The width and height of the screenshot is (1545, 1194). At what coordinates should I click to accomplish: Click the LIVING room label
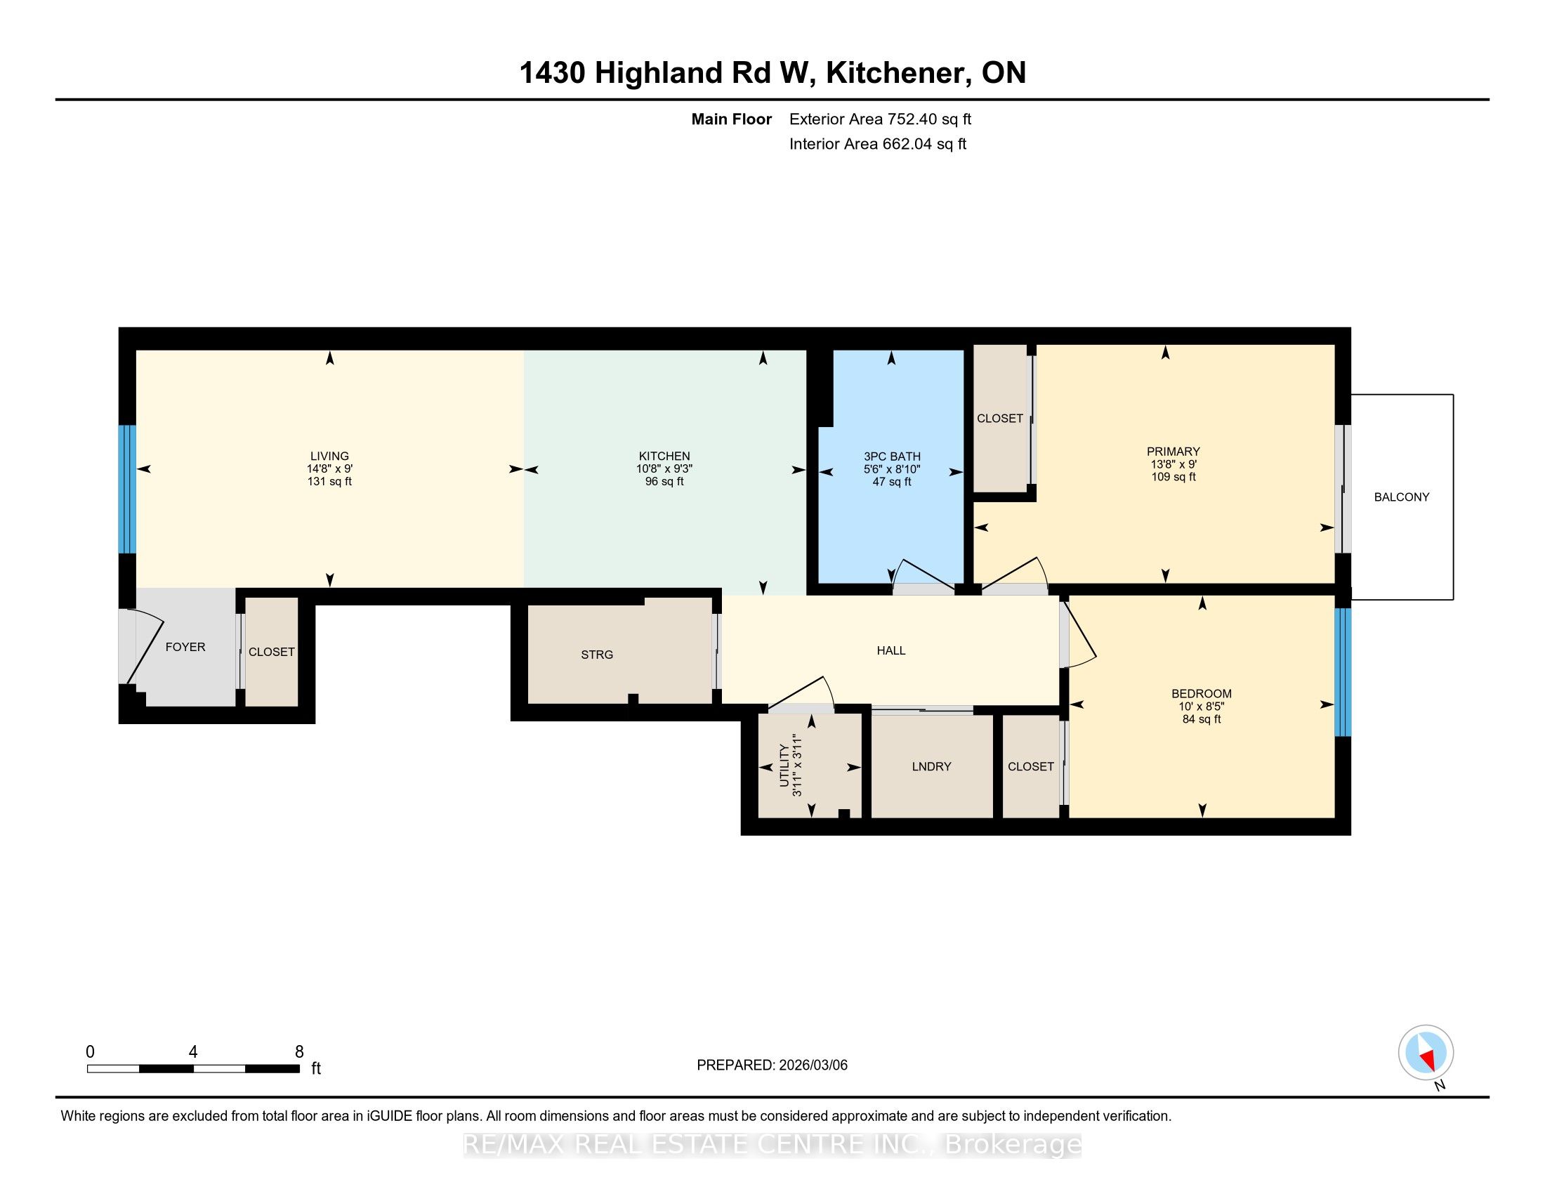point(329,457)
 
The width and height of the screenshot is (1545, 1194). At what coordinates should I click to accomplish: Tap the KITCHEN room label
point(664,457)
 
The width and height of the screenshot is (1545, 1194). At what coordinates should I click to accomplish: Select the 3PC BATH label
point(891,457)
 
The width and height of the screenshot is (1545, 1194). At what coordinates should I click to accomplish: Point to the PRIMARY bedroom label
point(1173,452)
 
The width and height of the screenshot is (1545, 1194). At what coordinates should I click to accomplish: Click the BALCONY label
point(1402,497)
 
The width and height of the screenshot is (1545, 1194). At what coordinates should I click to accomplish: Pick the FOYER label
point(185,648)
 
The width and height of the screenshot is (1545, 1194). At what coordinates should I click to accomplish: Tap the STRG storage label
point(597,655)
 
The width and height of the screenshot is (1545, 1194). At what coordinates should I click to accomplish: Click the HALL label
point(890,651)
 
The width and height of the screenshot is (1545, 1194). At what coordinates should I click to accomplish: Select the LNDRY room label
point(931,767)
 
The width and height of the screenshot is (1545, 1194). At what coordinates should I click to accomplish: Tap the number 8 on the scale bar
point(299,1052)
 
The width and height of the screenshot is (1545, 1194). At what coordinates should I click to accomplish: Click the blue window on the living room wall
point(126,489)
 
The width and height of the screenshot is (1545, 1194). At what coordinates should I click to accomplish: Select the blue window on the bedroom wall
point(1343,672)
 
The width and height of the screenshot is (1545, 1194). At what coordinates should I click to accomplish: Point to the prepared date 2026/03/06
point(812,1065)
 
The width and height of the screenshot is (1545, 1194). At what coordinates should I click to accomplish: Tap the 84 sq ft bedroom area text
point(1201,719)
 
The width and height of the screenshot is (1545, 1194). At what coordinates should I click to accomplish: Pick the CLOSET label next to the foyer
point(272,652)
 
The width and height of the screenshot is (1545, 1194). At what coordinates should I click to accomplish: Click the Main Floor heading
point(732,119)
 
